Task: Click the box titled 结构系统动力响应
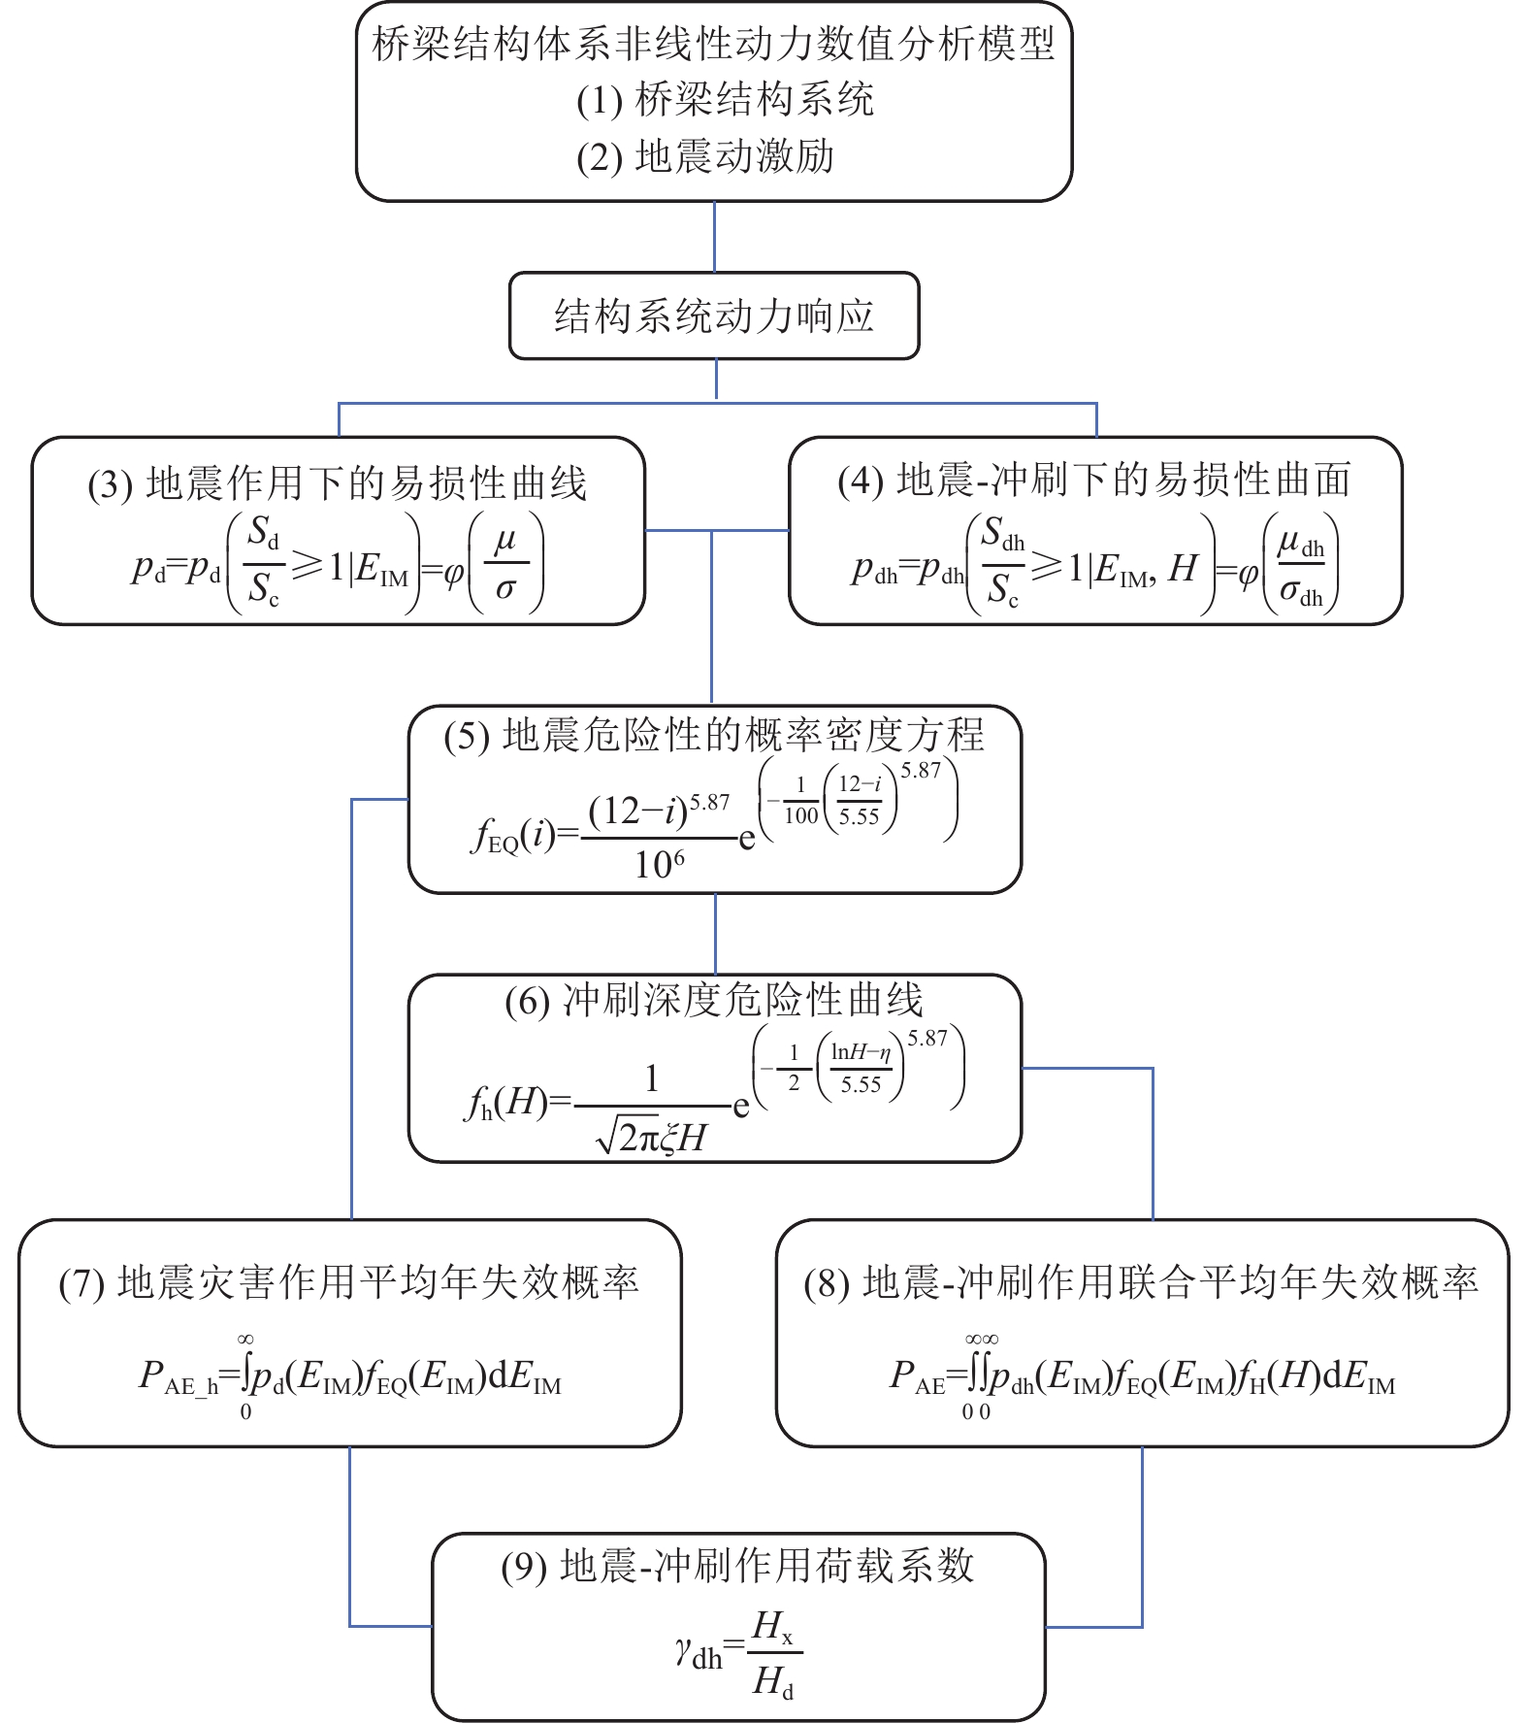pyautogui.click(x=714, y=316)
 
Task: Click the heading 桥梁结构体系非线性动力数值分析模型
pyautogui.click(x=714, y=45)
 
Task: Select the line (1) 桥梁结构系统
pyautogui.click(x=725, y=100)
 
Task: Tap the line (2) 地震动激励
pyautogui.click(x=705, y=156)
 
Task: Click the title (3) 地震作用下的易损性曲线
pyautogui.click(x=338, y=483)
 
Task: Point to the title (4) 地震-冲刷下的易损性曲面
pyautogui.click(x=1094, y=480)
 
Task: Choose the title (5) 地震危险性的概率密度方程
pyautogui.click(x=714, y=735)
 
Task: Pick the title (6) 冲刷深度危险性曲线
pyautogui.click(x=714, y=1001)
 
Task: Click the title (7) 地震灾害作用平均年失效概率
pyautogui.click(x=349, y=1283)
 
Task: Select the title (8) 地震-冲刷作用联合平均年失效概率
pyautogui.click(x=1141, y=1283)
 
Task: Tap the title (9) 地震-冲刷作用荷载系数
pyautogui.click(x=737, y=1566)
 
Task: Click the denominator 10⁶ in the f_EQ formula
pyautogui.click(x=660, y=863)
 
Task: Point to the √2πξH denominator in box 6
pyautogui.click(x=652, y=1137)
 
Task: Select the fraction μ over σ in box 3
pyautogui.click(x=505, y=564)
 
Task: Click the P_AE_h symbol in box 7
pyautogui.click(x=179, y=1376)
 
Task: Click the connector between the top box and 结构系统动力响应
pyautogui.click(x=715, y=237)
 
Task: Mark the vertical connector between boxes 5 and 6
pyautogui.click(x=715, y=934)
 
